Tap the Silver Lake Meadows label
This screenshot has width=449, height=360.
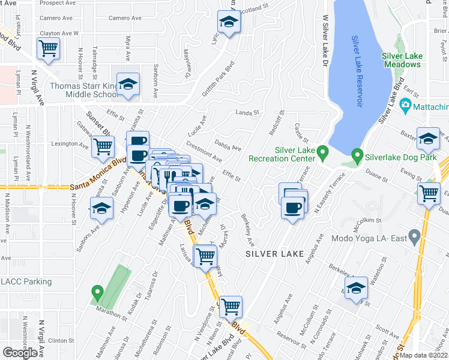[402, 60]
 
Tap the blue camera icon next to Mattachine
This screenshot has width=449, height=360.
[405, 106]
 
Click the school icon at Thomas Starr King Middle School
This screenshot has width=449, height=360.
[127, 85]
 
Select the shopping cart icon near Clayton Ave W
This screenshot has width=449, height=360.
[48, 48]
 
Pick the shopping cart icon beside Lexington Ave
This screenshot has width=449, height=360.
[103, 146]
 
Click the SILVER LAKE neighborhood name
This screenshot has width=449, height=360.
[278, 254]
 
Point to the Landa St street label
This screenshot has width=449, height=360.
[246, 112]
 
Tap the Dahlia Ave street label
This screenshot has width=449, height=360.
[228, 145]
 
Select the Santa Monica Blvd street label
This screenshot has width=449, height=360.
[98, 182]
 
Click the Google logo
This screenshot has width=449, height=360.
[19, 353]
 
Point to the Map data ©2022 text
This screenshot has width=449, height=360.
[424, 355]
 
